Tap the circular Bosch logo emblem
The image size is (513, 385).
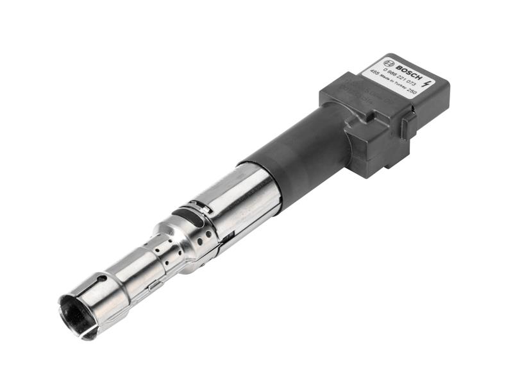coord(389,64)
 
